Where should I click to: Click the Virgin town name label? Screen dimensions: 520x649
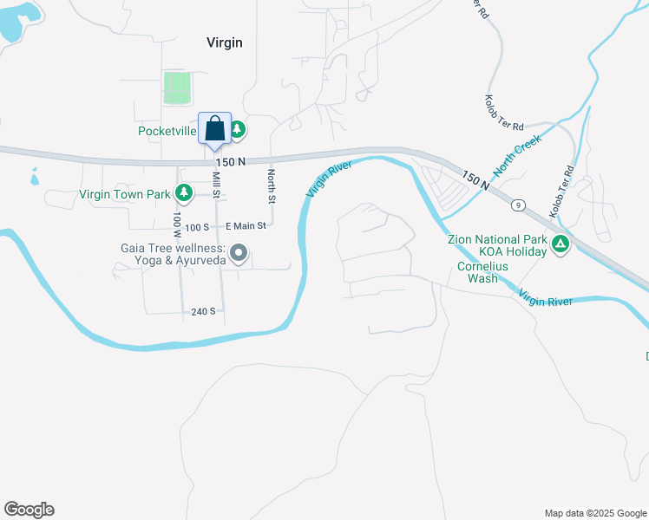pos(224,42)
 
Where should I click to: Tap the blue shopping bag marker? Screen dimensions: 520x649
pos(214,129)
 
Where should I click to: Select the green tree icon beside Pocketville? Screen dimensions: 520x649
pos(237,131)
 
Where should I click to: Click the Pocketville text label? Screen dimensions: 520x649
pos(167,132)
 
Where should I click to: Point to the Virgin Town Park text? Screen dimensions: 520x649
pos(125,194)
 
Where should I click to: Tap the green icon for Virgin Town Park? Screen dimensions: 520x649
pos(183,192)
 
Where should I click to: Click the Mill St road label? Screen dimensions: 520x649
pos(216,188)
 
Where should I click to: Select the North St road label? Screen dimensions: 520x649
pos(271,186)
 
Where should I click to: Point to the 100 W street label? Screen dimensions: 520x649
pos(177,224)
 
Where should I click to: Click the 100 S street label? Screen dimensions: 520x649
pos(197,226)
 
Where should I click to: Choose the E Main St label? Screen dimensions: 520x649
pos(246,226)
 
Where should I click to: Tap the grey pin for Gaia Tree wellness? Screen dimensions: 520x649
pos(239,253)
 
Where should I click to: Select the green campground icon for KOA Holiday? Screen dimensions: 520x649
pos(560,245)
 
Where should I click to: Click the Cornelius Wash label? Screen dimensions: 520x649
pos(477,272)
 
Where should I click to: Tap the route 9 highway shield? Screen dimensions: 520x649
pos(518,205)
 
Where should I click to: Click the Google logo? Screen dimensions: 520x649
pos(29,510)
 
